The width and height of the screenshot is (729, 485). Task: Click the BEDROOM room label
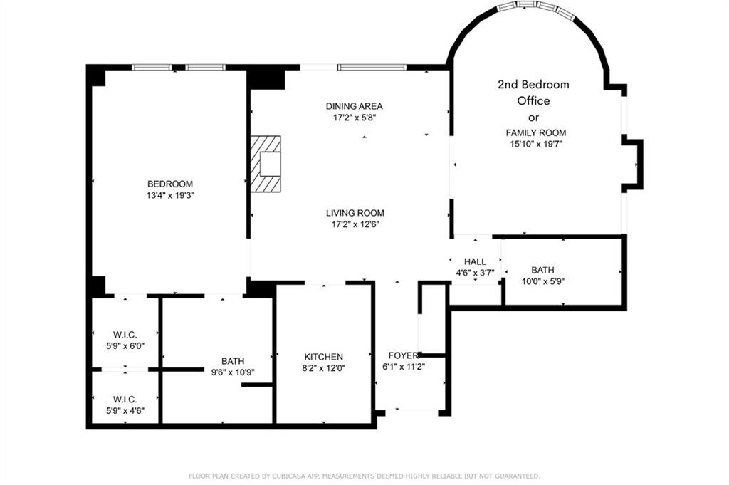169,184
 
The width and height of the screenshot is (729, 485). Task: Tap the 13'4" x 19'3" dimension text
169,195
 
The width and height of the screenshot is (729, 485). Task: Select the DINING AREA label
355,106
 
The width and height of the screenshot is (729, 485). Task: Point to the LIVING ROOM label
355,213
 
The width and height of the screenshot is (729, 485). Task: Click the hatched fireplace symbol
266,164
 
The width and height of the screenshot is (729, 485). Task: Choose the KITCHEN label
324,357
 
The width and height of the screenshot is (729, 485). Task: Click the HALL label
475,261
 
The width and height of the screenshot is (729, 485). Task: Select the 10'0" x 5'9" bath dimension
542,281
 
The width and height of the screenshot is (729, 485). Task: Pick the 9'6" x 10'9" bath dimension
233,372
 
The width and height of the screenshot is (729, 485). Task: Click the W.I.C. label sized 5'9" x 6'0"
125,334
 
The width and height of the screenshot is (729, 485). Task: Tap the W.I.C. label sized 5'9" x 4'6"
125,399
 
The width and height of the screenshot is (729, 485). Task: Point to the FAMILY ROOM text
536,132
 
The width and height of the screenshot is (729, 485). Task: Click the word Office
533,100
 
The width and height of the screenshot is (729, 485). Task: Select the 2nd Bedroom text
533,84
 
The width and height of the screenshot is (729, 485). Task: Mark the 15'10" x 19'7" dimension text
536,144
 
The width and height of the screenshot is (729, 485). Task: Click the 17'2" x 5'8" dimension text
355,118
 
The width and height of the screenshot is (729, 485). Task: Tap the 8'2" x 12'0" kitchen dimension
324,368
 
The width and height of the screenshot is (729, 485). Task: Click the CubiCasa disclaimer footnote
364,476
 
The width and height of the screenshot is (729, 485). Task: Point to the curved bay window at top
536,6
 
